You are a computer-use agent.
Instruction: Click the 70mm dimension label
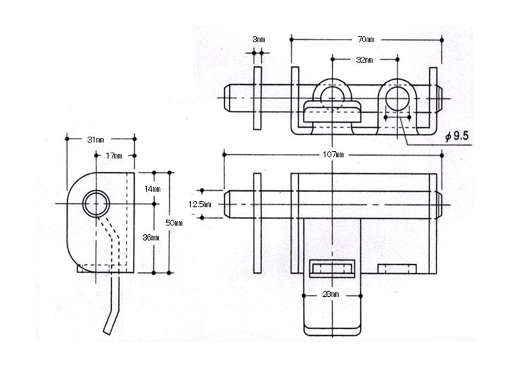pos(366,40)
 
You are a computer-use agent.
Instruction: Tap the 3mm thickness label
pos(259,40)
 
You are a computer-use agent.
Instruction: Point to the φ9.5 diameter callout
pos(457,135)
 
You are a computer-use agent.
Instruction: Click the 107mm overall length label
pos(333,154)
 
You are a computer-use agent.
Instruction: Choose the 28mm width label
pos(330,295)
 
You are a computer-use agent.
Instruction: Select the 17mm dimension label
pos(114,155)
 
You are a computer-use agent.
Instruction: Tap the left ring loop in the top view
pos(332,95)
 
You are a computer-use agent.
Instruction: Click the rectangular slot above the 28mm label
pos(332,269)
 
